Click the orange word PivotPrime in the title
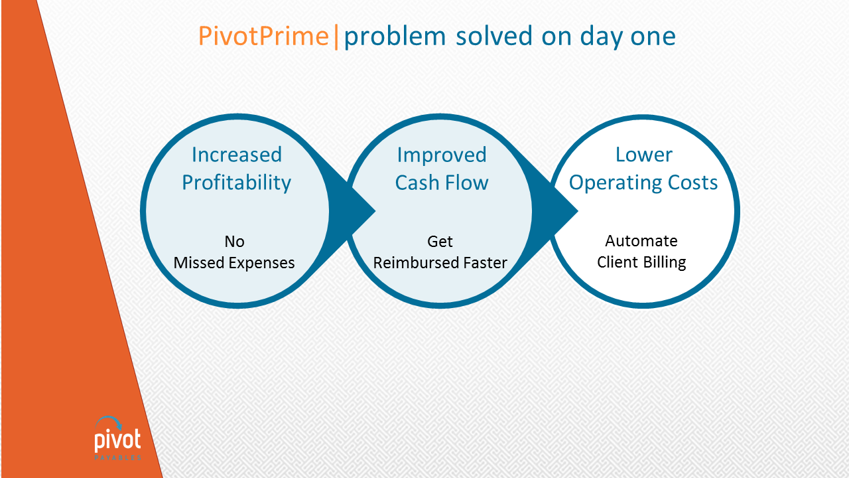click(263, 37)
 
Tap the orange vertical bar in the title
click(336, 37)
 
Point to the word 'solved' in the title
click(494, 36)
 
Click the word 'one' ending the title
click(653, 38)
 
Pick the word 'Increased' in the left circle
click(237, 155)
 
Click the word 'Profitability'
click(237, 183)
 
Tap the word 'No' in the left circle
click(234, 242)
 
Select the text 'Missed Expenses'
click(234, 263)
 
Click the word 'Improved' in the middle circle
click(442, 155)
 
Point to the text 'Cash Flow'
click(442, 183)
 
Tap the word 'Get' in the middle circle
click(440, 242)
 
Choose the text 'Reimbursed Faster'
click(440, 263)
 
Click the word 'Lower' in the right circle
click(644, 155)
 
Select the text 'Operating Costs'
click(643, 183)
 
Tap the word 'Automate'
click(641, 241)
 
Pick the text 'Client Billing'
click(641, 262)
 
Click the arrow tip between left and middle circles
click(375, 211)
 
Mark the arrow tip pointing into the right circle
click(578, 211)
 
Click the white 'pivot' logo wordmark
click(117, 440)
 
